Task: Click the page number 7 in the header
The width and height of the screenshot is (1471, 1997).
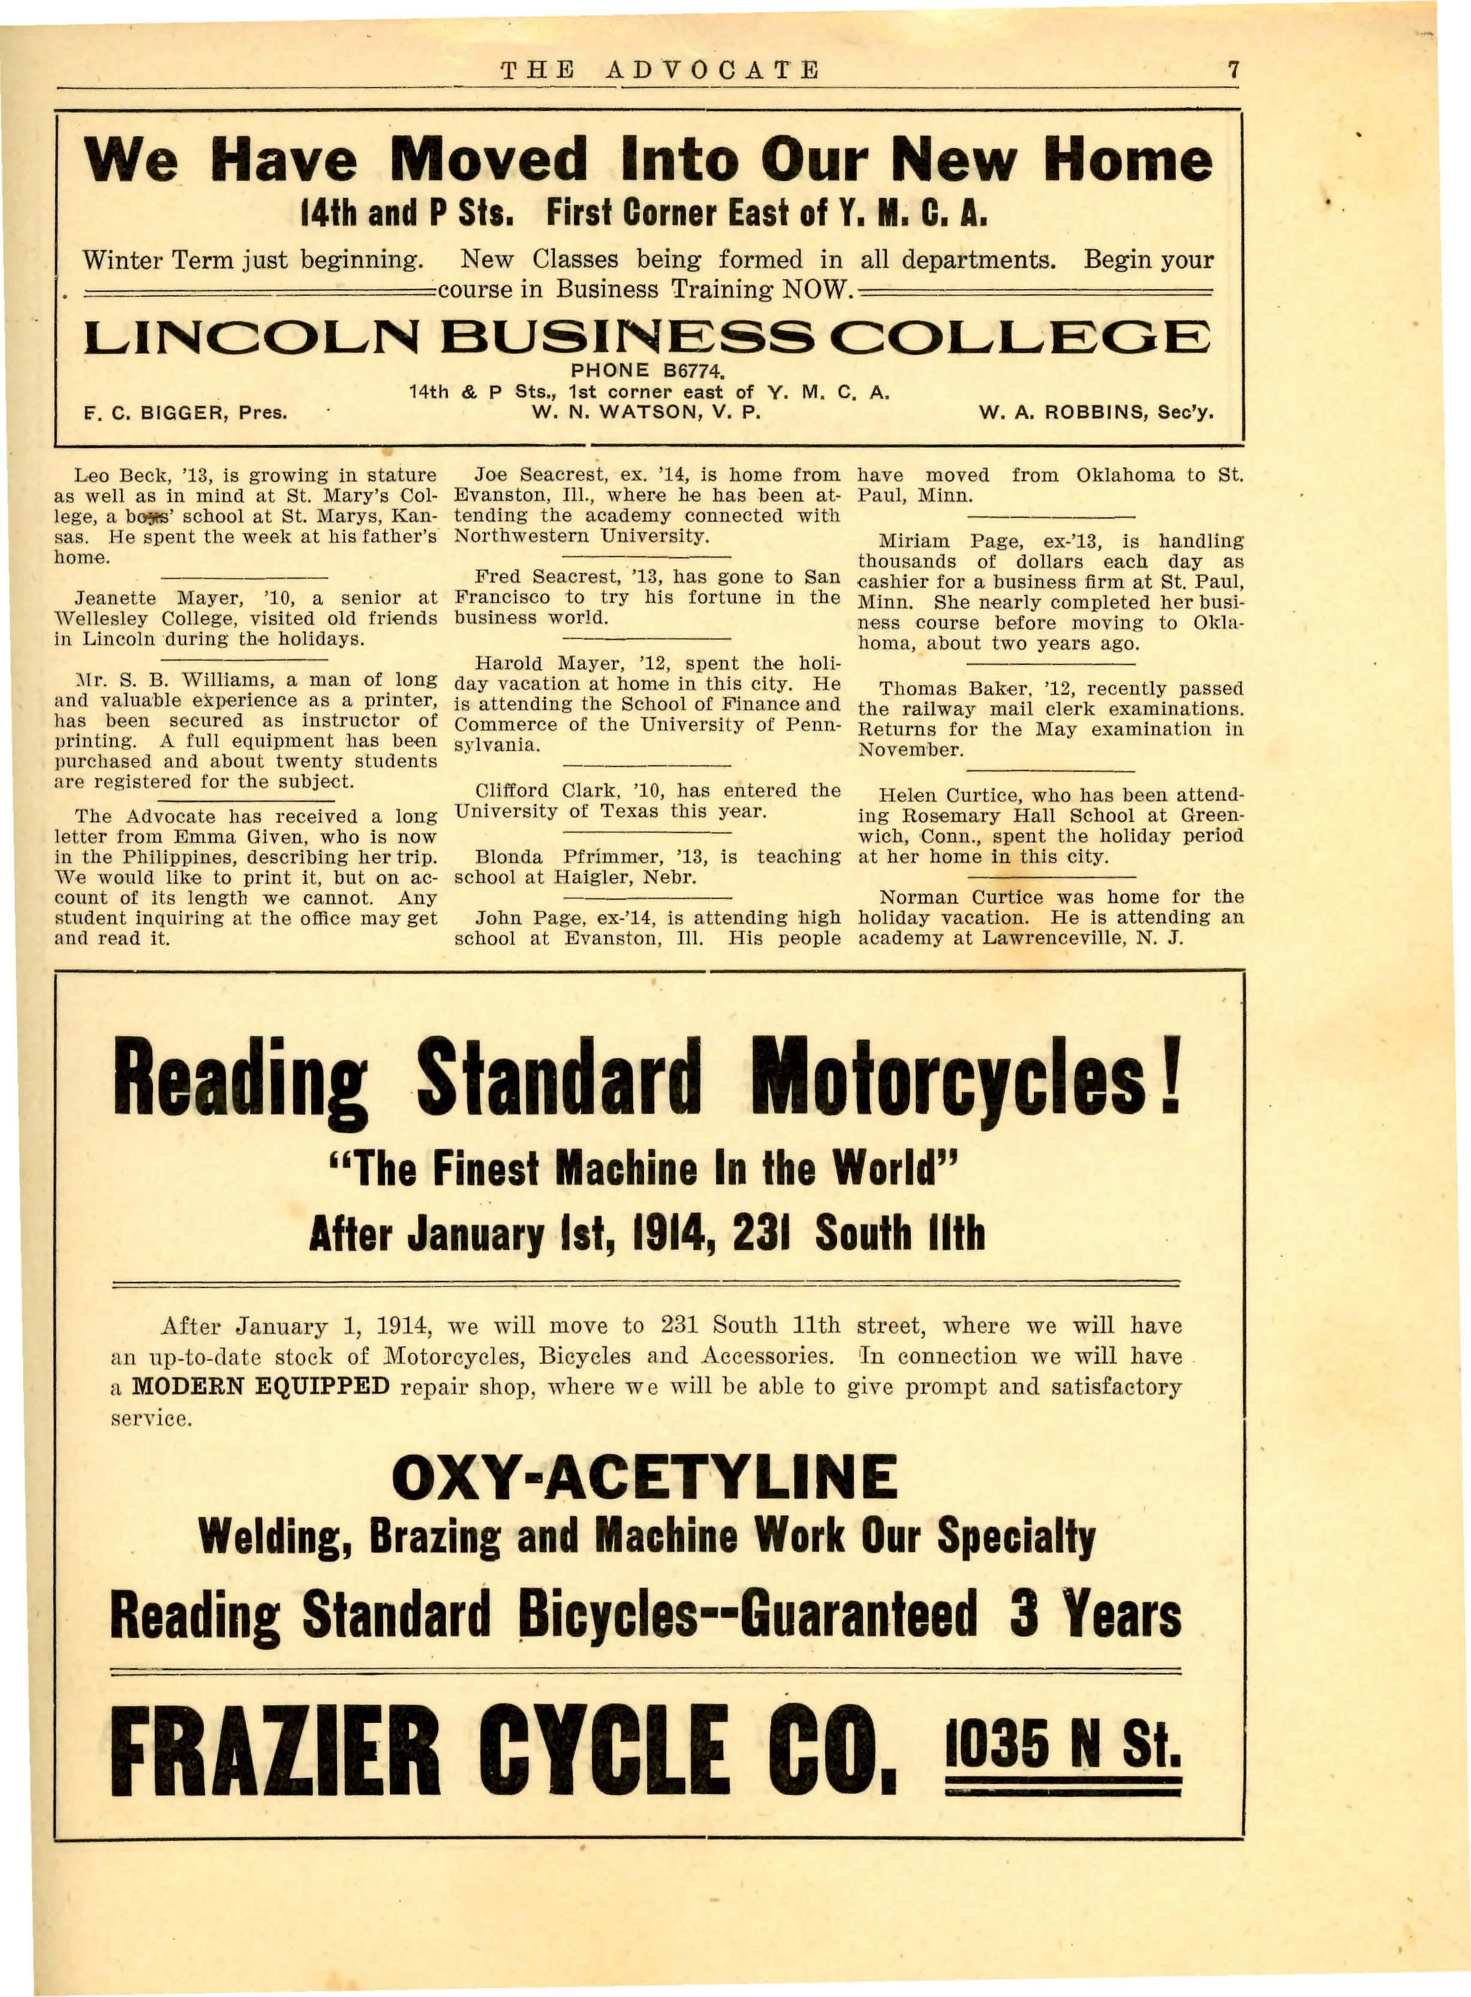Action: coord(1232,70)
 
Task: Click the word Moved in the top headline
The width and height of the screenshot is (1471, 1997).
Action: coord(488,160)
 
